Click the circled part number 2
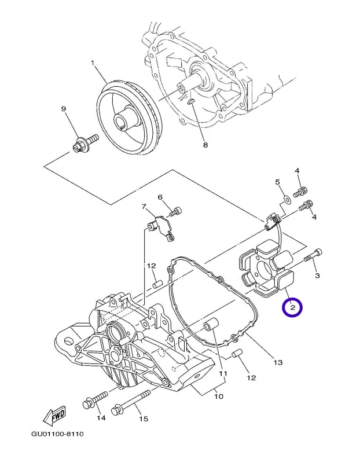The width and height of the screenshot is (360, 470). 292,307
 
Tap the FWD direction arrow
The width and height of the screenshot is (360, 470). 54,416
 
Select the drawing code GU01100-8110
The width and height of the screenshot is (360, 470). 57,434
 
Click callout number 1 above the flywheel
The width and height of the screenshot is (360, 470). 93,63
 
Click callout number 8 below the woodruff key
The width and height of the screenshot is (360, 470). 205,145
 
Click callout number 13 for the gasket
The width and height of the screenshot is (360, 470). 278,362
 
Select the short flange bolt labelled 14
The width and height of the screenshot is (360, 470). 95,400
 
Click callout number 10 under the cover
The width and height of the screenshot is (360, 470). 219,396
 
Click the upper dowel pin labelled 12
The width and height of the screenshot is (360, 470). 157,284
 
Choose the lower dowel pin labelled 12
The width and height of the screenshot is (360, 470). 237,353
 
